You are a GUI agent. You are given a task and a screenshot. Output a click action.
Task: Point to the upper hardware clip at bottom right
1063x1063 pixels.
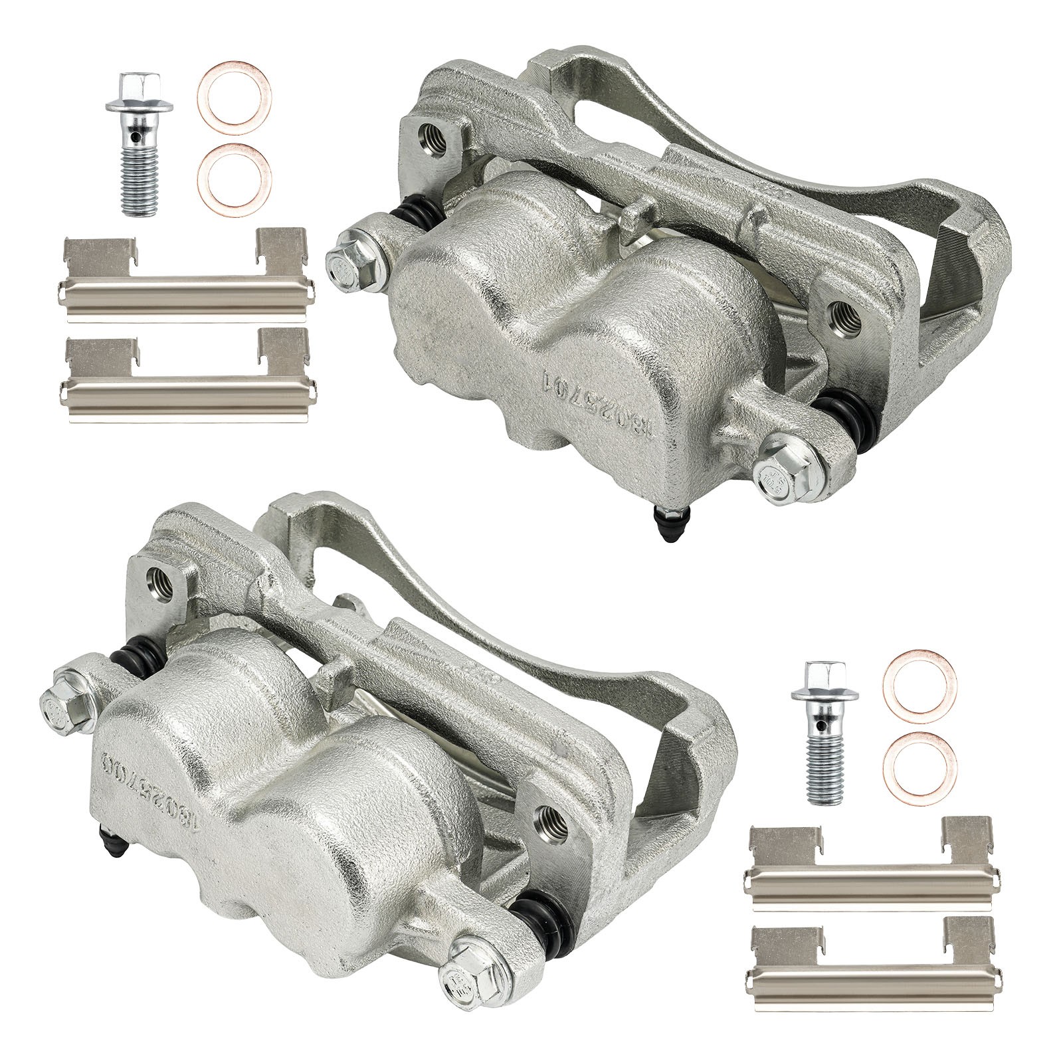pos(872,864)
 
